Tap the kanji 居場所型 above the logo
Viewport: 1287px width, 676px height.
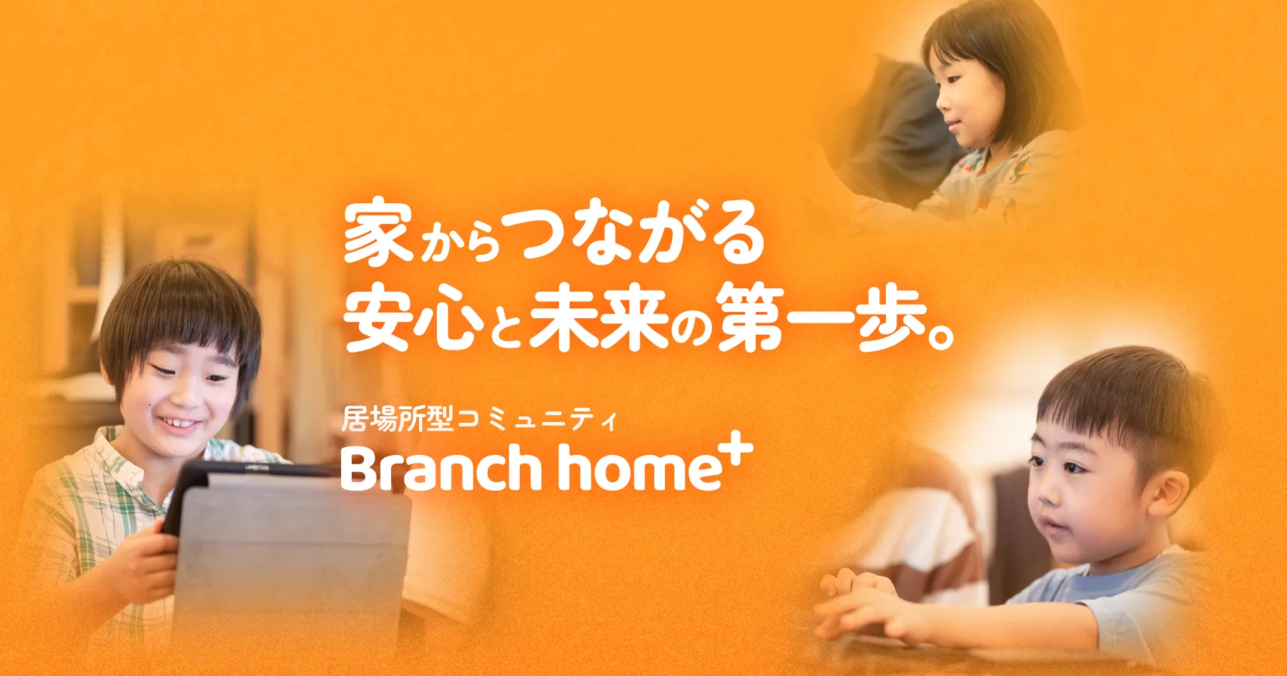tap(398, 419)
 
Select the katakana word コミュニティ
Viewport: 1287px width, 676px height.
tap(536, 420)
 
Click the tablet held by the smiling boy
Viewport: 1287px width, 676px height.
tap(286, 551)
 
